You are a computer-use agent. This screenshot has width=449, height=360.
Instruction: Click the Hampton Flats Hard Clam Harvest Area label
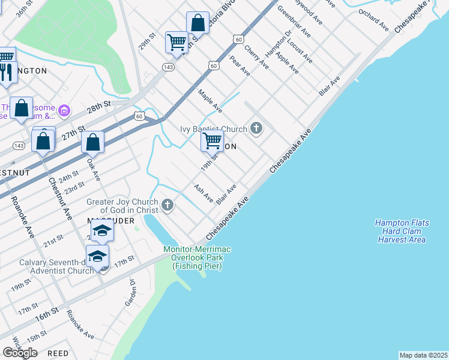(x=402, y=231)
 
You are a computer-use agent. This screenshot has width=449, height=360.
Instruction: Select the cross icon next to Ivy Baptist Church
(x=256, y=128)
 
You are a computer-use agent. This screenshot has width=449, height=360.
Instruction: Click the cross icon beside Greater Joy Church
(x=167, y=206)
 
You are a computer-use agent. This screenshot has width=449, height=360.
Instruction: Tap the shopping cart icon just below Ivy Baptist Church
(x=212, y=140)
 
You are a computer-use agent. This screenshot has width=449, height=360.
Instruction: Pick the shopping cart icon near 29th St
(x=176, y=41)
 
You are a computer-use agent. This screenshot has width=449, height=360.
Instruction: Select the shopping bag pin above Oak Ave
(x=92, y=143)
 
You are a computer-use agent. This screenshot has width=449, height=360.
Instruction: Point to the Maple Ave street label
(x=210, y=101)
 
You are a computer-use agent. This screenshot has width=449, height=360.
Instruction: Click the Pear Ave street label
(x=240, y=65)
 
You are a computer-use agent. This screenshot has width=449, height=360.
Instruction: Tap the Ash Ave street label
(x=203, y=193)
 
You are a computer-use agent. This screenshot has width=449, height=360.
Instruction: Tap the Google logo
(x=20, y=352)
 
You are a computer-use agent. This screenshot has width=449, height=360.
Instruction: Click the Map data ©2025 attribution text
(x=423, y=355)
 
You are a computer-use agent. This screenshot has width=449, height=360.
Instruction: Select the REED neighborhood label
(x=58, y=353)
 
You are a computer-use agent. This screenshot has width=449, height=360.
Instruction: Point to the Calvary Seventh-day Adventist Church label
(x=56, y=266)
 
